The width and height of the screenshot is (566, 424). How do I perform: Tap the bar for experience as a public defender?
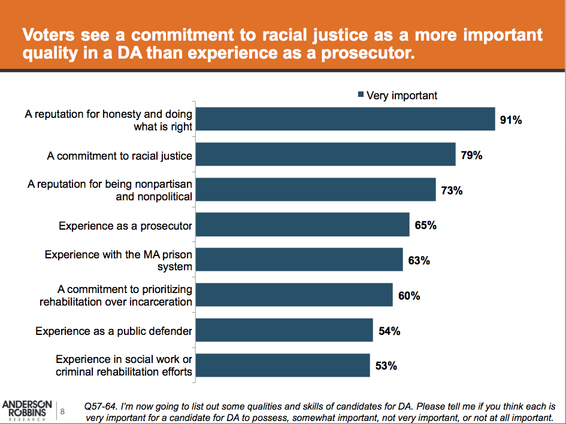point(284,330)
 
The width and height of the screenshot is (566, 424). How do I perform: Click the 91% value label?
point(511,120)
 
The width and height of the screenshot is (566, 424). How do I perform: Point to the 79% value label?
point(471,155)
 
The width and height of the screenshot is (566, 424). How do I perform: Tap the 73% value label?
point(452,191)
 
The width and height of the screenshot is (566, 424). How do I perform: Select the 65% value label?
point(425,225)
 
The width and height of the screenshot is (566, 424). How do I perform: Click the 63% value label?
point(419,260)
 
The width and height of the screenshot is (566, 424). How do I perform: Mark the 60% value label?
point(408,295)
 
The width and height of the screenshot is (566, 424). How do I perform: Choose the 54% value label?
point(389,331)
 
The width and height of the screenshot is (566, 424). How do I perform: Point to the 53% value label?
point(386,365)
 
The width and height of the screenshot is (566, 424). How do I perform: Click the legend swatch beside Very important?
point(361,95)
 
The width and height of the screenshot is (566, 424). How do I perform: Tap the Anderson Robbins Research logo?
point(26,410)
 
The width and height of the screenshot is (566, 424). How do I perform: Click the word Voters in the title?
point(49,34)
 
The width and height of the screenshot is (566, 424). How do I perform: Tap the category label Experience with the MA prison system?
point(119,260)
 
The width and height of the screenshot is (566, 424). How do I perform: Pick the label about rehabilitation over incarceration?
point(116,295)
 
